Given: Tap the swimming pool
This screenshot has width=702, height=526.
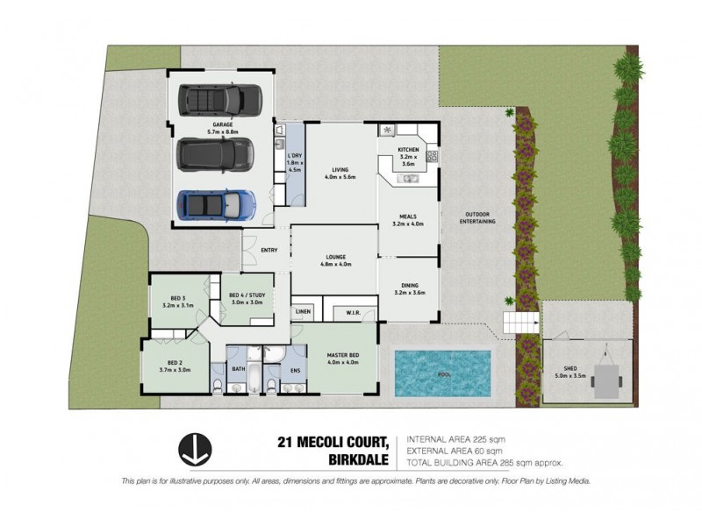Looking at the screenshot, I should (x=442, y=372).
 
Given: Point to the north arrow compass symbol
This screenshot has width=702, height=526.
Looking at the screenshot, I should (x=193, y=450).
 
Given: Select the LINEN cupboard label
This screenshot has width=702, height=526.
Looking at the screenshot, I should (x=303, y=311).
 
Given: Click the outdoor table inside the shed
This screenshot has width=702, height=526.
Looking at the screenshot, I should (x=606, y=380).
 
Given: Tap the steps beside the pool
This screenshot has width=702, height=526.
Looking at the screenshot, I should (x=516, y=323).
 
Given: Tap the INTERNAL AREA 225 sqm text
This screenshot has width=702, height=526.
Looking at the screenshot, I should (x=455, y=438).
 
